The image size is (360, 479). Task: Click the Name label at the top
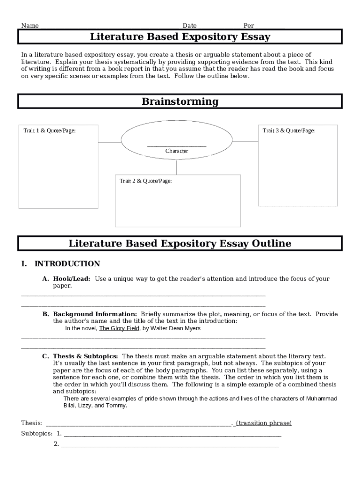click(x=30, y=26)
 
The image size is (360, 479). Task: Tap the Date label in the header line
click(x=189, y=26)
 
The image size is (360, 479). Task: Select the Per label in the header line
click(x=248, y=26)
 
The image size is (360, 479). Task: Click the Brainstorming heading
click(x=180, y=102)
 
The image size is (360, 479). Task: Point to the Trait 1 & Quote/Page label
click(x=50, y=131)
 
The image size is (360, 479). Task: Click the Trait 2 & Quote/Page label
click(x=145, y=181)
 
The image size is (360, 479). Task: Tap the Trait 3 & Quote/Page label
click(x=288, y=131)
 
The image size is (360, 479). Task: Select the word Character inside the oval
click(x=177, y=151)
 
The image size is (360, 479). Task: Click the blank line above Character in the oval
click(x=177, y=146)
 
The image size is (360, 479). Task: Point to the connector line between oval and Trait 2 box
click(x=177, y=167)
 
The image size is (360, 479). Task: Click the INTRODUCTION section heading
click(x=67, y=264)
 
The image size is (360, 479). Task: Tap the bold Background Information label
click(x=95, y=314)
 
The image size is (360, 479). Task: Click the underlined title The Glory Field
click(x=119, y=328)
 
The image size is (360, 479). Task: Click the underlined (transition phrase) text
click(x=264, y=423)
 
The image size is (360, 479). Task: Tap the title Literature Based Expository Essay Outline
click(x=180, y=243)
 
